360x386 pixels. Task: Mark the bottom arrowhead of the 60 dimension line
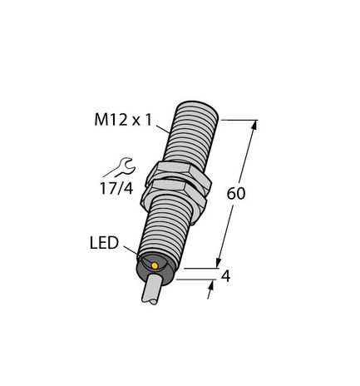[221, 265]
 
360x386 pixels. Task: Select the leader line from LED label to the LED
[134, 252]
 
